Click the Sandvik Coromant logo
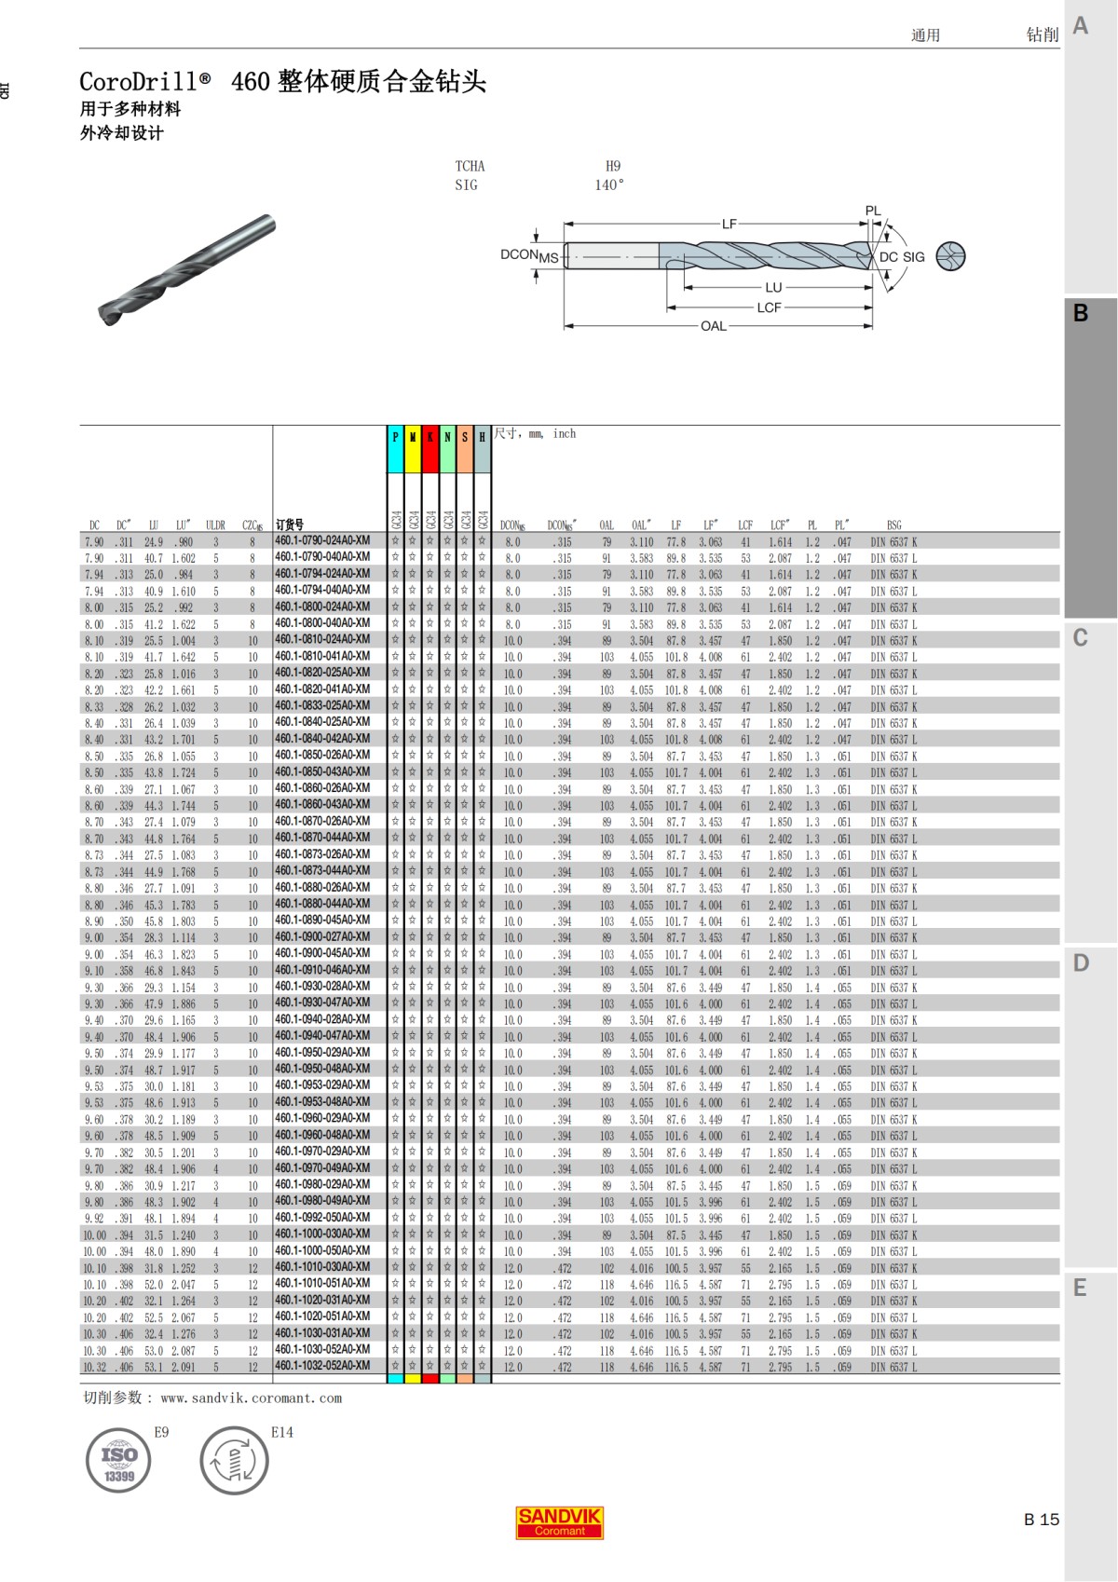pos(559,1522)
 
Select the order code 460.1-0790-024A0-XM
pos(322,540)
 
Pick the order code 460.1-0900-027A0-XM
pos(322,936)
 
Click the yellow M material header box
pos(413,449)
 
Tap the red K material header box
pos(430,449)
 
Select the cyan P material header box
pos(396,449)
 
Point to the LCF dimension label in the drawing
pos(770,308)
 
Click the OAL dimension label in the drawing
pos(714,326)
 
